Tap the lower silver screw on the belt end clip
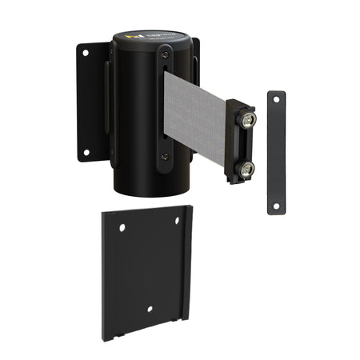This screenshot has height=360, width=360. [x=246, y=168]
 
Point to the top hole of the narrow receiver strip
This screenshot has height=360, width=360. [x=275, y=98]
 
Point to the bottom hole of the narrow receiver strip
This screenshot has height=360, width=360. [x=275, y=205]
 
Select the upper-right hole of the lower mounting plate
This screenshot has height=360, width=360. [x=178, y=221]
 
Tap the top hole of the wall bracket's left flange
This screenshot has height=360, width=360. [x=86, y=53]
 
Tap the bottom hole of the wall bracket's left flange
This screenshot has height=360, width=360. [x=86, y=150]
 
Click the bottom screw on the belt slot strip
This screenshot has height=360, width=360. [x=164, y=157]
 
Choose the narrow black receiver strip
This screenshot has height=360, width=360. [x=275, y=152]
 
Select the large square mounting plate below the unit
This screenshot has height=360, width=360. [x=144, y=272]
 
